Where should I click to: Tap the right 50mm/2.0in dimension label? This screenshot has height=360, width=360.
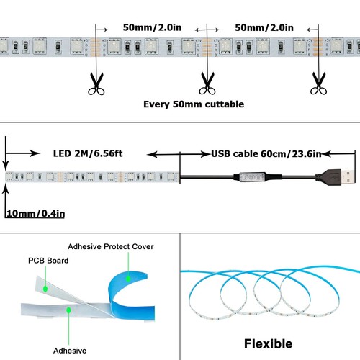coord(265,28)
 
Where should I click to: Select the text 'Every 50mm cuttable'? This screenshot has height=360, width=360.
coord(194,104)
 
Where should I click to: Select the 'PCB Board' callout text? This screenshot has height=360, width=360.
coord(48,261)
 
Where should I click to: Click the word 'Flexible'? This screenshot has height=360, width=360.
coord(269,343)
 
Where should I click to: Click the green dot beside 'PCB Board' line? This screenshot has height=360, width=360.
coord(45,289)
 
